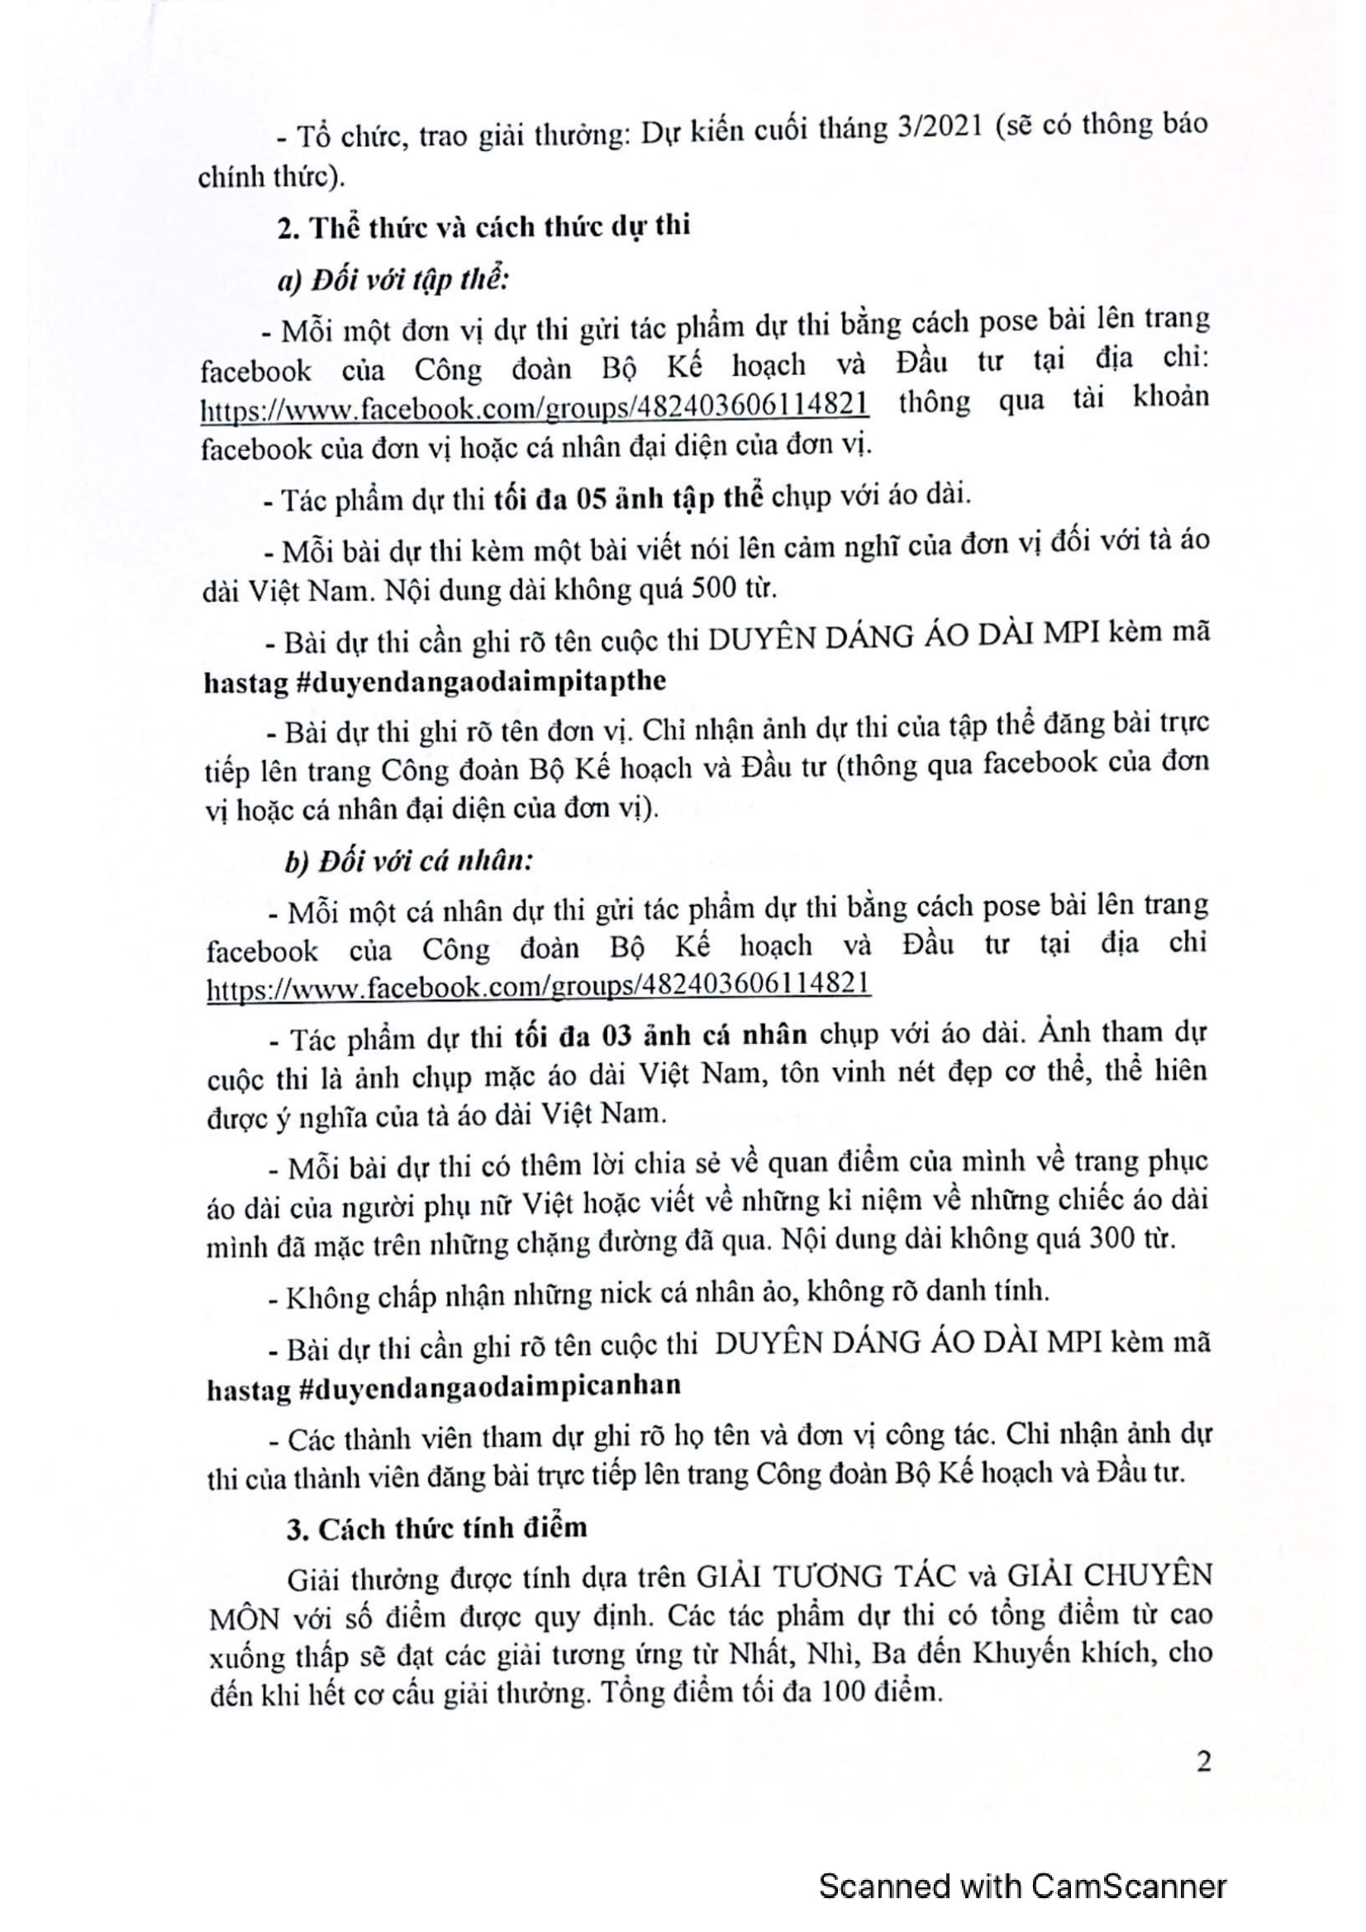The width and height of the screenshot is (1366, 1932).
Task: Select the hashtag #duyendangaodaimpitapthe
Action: [481, 681]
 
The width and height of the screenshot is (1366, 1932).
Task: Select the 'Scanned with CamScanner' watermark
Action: [1022, 1886]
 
